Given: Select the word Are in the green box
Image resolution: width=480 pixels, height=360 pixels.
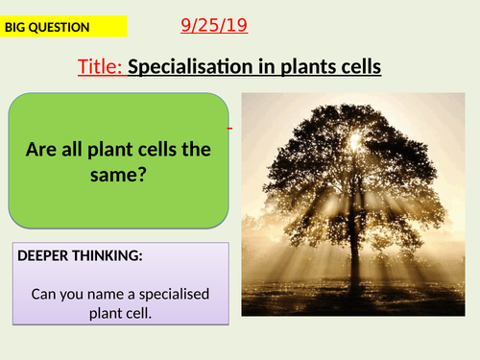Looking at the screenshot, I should tap(45, 150).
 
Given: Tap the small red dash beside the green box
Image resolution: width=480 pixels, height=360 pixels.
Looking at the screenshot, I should tap(230, 127).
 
